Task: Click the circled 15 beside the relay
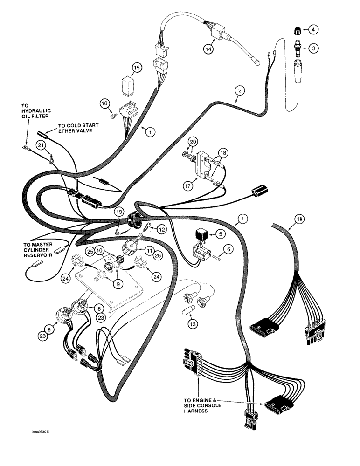(136, 68)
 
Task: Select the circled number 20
(193, 142)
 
